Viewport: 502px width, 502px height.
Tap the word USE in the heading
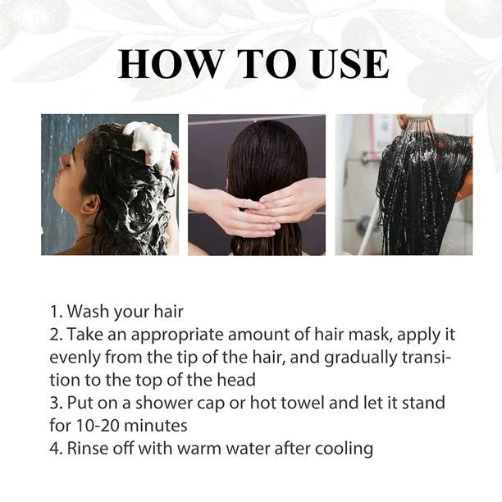click(341, 64)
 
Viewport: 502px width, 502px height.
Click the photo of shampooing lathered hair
click(110, 184)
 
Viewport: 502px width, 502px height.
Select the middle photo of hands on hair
click(256, 184)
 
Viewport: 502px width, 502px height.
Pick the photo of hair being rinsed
click(404, 184)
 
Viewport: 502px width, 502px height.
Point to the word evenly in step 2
click(75, 358)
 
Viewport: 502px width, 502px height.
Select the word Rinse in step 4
click(90, 449)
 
